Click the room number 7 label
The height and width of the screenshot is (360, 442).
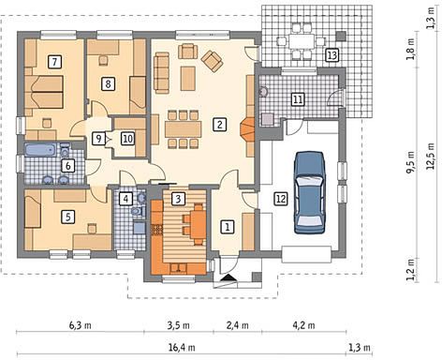tap(55, 61)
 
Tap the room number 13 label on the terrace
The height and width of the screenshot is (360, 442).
tap(331, 55)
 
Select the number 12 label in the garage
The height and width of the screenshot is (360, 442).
tap(281, 199)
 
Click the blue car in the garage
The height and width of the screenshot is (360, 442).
tap(310, 192)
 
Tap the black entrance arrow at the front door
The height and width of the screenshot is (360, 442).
tap(228, 277)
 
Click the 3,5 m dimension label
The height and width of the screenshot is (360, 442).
tap(178, 325)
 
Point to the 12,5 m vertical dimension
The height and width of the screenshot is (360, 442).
tap(431, 156)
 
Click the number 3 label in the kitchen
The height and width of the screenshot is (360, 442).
tap(178, 199)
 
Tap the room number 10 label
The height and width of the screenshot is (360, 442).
tap(127, 139)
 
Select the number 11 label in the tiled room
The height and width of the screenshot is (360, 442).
tap(298, 99)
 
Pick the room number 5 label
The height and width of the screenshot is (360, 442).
tap(68, 217)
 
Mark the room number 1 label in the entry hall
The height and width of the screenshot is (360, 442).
tap(228, 227)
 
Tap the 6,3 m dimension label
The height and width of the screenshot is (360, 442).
tap(81, 325)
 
